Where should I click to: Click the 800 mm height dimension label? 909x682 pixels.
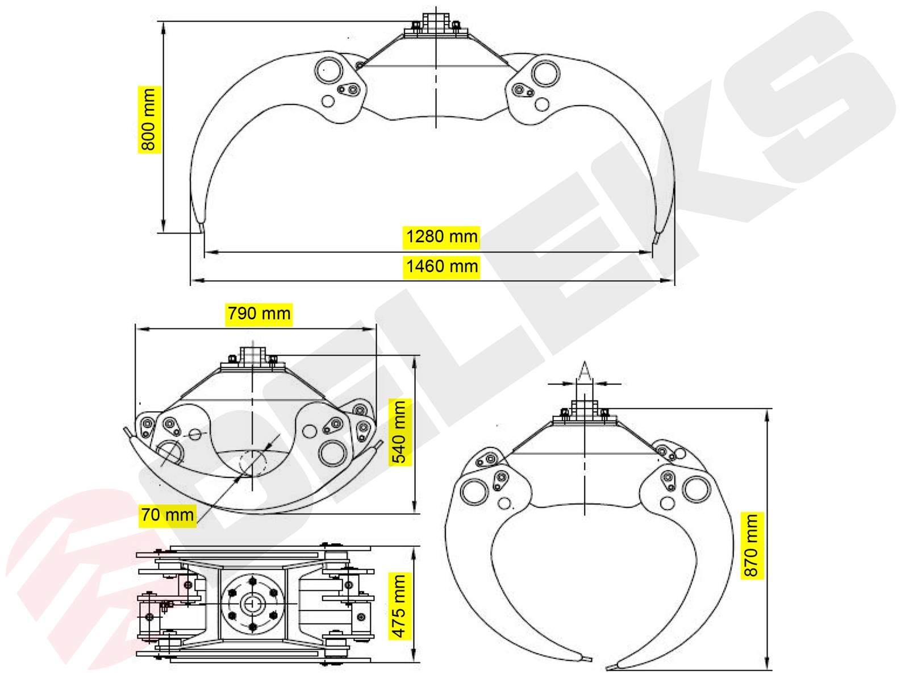(149, 120)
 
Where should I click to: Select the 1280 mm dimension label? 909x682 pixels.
(441, 237)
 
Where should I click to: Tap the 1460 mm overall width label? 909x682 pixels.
(441, 266)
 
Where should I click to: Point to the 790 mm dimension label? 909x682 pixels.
(259, 314)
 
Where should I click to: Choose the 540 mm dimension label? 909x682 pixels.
(399, 432)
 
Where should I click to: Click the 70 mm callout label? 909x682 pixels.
(167, 515)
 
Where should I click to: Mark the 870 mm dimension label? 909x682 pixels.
(752, 546)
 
